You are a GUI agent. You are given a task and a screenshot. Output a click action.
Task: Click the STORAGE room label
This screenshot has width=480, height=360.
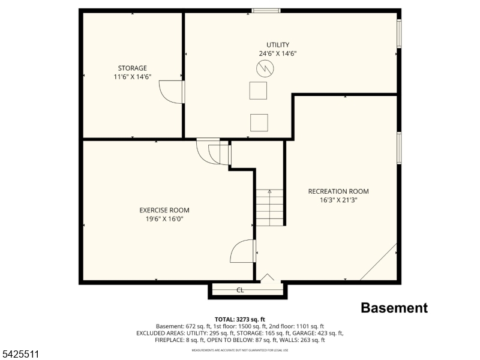pyautogui.click(x=132, y=68)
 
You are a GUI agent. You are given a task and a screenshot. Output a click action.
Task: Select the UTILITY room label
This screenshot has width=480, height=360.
pyautogui.click(x=278, y=44)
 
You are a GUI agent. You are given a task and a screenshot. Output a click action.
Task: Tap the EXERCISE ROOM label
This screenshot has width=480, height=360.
pyautogui.click(x=164, y=210)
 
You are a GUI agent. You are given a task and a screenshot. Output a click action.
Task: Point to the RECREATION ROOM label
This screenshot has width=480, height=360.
pyautogui.click(x=338, y=191)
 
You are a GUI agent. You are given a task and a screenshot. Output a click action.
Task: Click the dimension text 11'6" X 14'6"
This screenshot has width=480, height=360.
pyautogui.click(x=132, y=77)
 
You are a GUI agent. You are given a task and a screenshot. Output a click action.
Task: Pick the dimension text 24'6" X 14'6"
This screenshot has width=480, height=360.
pyautogui.click(x=278, y=53)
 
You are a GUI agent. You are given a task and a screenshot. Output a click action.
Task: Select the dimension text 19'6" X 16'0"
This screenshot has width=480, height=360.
pyautogui.click(x=164, y=219)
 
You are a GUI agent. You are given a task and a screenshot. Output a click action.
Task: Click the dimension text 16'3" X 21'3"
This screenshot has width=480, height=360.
pyautogui.click(x=338, y=200)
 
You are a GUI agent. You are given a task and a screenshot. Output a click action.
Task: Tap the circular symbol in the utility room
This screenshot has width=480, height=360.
pyautogui.click(x=264, y=70)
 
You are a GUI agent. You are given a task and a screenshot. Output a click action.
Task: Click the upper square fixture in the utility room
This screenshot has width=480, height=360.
pyautogui.click(x=259, y=91)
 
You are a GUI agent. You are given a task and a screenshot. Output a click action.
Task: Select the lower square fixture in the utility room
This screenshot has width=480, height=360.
pyautogui.click(x=259, y=122)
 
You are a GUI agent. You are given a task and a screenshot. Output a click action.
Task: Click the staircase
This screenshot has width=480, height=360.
pyautogui.click(x=269, y=206)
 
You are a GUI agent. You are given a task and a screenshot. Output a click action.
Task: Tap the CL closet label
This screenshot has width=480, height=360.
pyautogui.click(x=240, y=290)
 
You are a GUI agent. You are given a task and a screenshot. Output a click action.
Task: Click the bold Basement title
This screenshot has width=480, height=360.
pyautogui.click(x=394, y=308)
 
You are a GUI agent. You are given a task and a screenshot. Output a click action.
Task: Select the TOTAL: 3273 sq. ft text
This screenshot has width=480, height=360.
pyautogui.click(x=239, y=319)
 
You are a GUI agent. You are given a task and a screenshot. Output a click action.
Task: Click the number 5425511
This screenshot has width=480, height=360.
pyautogui.click(x=20, y=355)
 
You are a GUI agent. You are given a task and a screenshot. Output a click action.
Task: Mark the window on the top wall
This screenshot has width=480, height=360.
pyautogui.click(x=266, y=10)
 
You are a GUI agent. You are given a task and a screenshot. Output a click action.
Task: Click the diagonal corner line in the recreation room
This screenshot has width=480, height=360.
pyautogui.click(x=379, y=262)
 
